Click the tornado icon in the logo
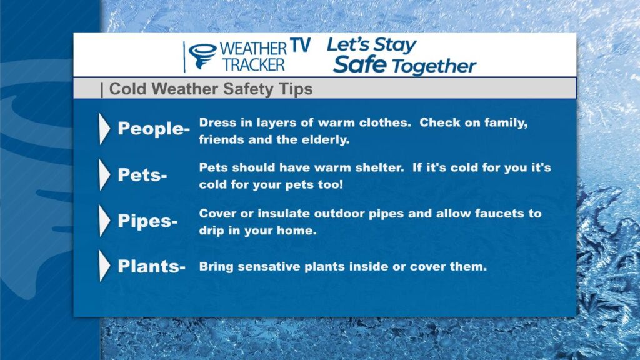pos(203,56)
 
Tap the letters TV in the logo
pos(301,46)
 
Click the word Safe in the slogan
pos(359,64)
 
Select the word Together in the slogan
pos(434,66)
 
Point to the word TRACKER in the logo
pos(254,65)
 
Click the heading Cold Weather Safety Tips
pos(211,89)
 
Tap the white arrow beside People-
pos(104,129)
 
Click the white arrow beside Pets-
pos(104,175)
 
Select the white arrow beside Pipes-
pos(104,221)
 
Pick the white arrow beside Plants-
pos(104,266)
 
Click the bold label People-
pos(154,129)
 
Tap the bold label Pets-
pos(142,175)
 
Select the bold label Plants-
pos(152,266)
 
